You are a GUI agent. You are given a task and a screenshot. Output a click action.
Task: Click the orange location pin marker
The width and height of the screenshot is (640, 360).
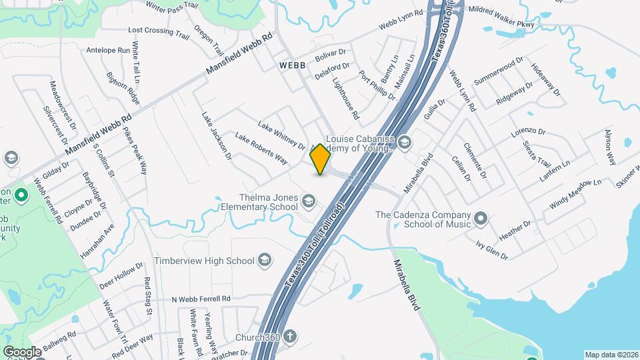[320, 159]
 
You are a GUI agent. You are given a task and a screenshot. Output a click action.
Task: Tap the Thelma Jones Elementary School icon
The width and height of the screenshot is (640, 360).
[308, 201]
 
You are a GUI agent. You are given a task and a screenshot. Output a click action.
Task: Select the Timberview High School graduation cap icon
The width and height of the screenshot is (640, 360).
[265, 260]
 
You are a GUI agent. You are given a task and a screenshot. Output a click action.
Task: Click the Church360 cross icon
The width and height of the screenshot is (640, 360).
[289, 337]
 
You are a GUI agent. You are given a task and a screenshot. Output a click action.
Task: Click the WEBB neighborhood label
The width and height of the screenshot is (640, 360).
[292, 65]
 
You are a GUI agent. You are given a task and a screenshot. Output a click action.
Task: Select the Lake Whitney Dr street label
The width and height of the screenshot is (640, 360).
[281, 136]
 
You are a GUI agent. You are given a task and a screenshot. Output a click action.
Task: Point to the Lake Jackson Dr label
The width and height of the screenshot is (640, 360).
[217, 136]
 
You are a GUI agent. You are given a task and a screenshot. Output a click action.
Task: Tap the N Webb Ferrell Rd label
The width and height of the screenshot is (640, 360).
[201, 299]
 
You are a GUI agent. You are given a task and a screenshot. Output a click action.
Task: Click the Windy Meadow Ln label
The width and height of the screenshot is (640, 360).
[575, 193]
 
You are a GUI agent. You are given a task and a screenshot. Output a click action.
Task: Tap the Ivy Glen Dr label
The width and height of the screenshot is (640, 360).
[492, 251]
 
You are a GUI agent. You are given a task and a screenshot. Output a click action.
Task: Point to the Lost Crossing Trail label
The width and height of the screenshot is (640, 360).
[159, 31]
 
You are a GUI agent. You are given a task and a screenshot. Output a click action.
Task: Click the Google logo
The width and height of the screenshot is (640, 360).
[22, 351]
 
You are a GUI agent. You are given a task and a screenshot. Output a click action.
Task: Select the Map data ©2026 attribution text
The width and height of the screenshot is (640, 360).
[611, 355]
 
